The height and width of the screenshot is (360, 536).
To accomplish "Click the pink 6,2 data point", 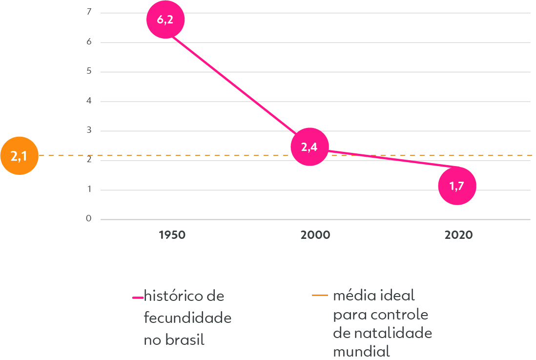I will tap(166, 20).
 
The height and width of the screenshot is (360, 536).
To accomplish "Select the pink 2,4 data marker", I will tap(309, 147).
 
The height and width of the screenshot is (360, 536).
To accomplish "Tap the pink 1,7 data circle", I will tap(457, 186).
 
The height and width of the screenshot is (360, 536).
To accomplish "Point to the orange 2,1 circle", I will tap(19, 156).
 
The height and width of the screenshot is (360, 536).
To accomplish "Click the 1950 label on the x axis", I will tap(172, 235).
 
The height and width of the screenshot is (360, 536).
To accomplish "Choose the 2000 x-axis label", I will tap(315, 235).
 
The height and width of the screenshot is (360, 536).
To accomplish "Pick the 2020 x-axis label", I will tap(459, 235).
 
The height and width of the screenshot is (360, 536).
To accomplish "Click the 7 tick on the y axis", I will tap(89, 12).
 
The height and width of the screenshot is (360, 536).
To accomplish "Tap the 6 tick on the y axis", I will tap(89, 42).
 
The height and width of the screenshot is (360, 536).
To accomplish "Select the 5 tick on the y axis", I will tap(89, 72).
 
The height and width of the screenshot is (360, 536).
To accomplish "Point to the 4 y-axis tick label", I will tap(89, 102).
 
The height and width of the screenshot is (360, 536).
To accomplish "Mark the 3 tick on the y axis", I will tap(89, 131).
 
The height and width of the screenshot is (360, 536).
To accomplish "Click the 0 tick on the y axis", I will tap(89, 219).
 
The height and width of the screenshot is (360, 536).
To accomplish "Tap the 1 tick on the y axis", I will tap(89, 190).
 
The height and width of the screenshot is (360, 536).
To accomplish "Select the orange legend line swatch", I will tap(320, 295).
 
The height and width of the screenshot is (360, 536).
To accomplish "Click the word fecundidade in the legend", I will tap(187, 318).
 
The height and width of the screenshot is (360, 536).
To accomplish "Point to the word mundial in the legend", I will tap(361, 351).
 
